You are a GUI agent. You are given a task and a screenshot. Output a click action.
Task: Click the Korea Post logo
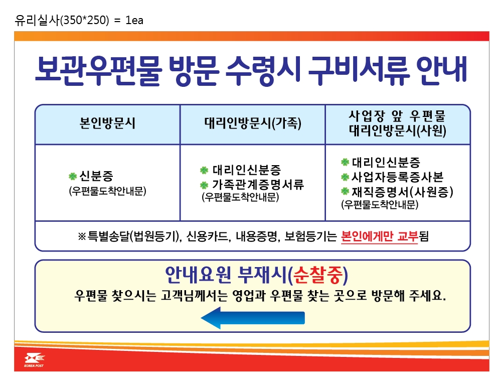click(x=34, y=360)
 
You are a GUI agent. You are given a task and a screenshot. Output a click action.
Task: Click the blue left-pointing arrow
click(x=253, y=318)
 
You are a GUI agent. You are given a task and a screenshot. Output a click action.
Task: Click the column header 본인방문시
click(x=107, y=123)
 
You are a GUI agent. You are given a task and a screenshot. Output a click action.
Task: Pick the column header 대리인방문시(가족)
click(x=252, y=123)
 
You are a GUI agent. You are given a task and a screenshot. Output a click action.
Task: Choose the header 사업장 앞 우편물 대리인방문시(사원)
click(x=397, y=123)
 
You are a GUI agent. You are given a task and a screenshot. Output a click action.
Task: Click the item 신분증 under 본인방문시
click(x=96, y=176)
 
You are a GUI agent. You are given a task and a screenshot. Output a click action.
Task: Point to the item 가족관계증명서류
click(x=258, y=184)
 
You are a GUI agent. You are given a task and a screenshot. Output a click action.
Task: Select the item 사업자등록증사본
click(x=397, y=177)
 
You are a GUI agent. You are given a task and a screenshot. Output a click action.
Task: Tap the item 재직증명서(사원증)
click(x=402, y=192)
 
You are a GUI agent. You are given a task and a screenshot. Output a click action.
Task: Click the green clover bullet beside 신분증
click(x=73, y=176)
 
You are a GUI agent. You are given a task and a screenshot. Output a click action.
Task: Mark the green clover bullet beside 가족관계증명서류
click(x=204, y=185)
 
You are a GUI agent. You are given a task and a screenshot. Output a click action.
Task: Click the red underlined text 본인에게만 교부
click(x=380, y=236)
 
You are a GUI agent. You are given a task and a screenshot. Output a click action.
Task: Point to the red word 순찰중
click(x=318, y=275)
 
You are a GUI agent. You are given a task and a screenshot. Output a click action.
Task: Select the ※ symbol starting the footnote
click(x=82, y=236)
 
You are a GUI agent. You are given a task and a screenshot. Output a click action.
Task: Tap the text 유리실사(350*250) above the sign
click(x=62, y=21)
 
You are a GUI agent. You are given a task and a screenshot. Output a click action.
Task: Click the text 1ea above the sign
click(x=134, y=21)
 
